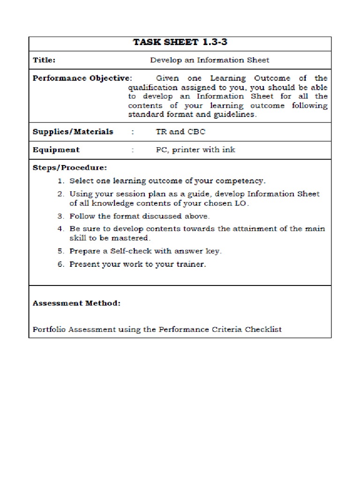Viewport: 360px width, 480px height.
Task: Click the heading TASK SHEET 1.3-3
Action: [x=180, y=43]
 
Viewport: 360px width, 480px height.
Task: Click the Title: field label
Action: [x=44, y=60]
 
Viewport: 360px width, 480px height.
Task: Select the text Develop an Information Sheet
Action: [x=210, y=60]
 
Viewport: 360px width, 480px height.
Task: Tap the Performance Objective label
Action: [x=81, y=78]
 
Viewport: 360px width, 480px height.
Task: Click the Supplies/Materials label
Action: [x=73, y=132]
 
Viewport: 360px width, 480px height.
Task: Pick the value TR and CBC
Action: [x=180, y=132]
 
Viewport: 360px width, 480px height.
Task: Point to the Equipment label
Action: [x=56, y=150]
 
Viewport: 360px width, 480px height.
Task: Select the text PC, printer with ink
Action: [x=195, y=150]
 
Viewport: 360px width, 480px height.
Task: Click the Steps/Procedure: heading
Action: [x=69, y=167]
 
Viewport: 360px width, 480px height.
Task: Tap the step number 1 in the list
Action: [x=60, y=180]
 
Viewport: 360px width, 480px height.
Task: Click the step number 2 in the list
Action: [x=60, y=194]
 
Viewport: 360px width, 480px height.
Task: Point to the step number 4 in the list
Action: [x=60, y=229]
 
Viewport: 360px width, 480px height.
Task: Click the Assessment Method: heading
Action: [x=76, y=303]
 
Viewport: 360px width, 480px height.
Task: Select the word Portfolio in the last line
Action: [x=49, y=329]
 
